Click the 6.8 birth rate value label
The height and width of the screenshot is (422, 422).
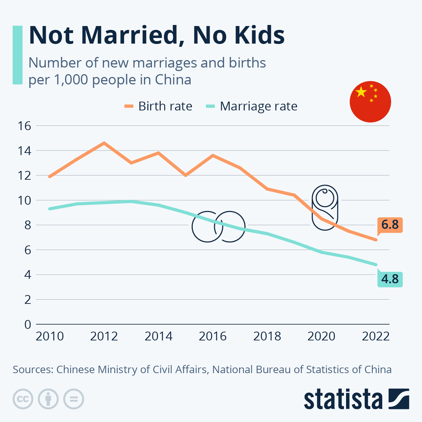click(390, 225)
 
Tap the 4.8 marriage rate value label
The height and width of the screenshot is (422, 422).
click(390, 279)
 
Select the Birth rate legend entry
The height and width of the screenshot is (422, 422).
click(158, 106)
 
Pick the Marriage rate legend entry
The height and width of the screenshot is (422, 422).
click(251, 106)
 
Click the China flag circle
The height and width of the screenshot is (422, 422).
click(370, 102)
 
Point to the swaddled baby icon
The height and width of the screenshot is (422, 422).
click(325, 207)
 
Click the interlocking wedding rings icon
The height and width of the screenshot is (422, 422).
click(218, 227)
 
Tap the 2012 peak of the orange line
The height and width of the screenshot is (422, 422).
click(104, 143)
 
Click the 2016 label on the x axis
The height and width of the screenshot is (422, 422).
click(213, 337)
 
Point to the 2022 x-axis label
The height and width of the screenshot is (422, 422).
click(376, 337)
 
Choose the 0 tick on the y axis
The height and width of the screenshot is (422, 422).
click(27, 324)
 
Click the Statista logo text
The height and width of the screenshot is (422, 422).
click(343, 399)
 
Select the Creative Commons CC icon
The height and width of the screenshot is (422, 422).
click(23, 399)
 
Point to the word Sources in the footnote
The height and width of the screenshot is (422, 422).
click(32, 370)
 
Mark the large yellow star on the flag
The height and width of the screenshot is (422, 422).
click(361, 92)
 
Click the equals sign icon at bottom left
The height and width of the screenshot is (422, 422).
click(73, 399)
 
